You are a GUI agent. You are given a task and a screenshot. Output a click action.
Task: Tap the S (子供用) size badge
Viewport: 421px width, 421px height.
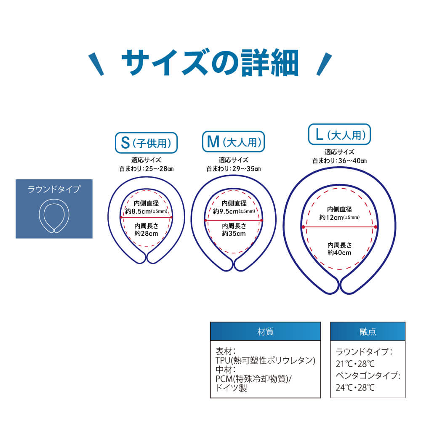146,143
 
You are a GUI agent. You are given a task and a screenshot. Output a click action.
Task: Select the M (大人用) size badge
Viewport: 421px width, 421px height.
233,141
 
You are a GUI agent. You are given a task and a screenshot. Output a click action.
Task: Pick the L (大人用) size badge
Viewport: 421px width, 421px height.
339,135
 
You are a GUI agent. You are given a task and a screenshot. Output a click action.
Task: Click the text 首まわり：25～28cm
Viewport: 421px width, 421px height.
146,169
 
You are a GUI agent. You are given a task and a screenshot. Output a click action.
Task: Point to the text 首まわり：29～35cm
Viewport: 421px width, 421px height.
233,169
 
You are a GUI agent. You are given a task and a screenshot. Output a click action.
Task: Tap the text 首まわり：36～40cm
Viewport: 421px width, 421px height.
339,160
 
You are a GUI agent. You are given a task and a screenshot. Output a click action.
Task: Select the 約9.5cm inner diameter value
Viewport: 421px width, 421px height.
226,211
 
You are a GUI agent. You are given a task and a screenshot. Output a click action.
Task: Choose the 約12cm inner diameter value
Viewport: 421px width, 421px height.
331,217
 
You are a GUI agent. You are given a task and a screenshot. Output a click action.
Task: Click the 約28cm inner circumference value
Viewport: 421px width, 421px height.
146,233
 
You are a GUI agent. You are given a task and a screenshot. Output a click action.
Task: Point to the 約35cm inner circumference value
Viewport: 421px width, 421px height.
234,233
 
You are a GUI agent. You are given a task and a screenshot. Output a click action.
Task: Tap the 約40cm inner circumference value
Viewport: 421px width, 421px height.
339,253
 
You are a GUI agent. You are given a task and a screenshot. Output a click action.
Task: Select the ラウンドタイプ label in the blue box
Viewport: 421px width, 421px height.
54,189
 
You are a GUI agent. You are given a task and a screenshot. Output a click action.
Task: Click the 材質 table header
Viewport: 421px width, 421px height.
265,331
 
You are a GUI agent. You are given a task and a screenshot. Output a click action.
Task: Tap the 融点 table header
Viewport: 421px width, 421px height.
368,331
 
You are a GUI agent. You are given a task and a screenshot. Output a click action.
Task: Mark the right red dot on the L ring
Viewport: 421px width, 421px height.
376,227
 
